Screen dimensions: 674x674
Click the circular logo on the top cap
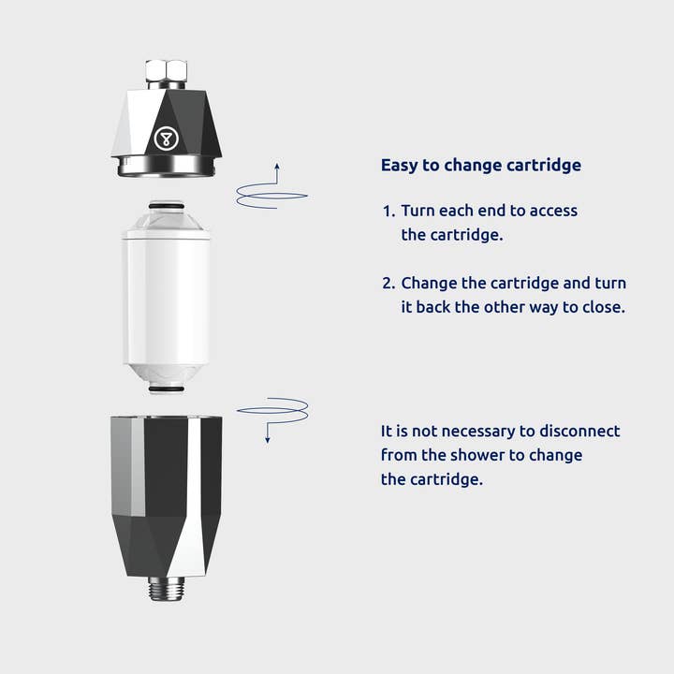coord(166,139)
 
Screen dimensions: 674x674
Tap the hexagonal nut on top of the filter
coord(166,71)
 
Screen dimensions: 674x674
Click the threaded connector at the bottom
coord(167,589)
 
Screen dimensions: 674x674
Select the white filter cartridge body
coord(167,298)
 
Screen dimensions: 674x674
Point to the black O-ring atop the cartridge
coord(167,206)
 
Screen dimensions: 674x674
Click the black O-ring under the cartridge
coord(167,389)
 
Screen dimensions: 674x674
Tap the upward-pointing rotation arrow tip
coord(277,164)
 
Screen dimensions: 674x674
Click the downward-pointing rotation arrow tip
coord(268,441)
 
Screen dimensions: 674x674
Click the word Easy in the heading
coord(399,166)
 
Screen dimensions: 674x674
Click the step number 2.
coord(388,284)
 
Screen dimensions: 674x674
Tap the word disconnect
coord(579,432)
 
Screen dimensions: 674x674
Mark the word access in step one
coord(553,211)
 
